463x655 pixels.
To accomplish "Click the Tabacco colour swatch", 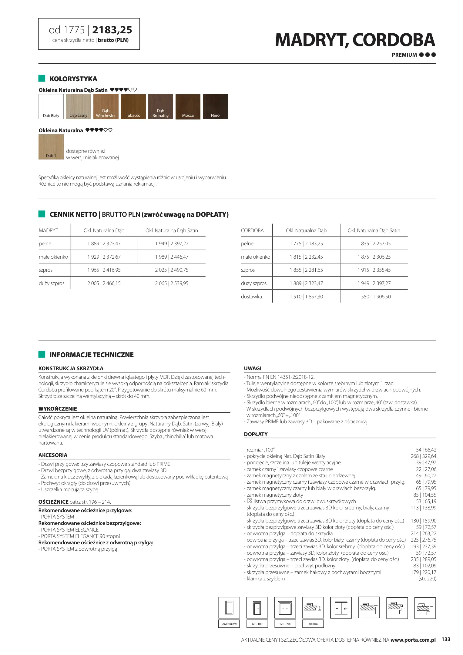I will click(x=133, y=106).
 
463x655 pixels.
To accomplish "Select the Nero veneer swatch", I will click(x=215, y=106).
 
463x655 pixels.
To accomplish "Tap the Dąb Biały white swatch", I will click(x=51, y=106).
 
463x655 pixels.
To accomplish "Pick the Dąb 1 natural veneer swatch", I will click(x=51, y=147).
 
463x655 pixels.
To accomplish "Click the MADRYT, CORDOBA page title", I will click(x=355, y=40).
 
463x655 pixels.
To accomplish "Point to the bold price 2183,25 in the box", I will click(x=112, y=30).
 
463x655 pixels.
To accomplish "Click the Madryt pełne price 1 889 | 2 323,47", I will click(x=104, y=244).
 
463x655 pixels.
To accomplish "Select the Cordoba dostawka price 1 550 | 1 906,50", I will click(x=374, y=297).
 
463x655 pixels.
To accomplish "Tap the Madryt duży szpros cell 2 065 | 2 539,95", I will click(x=172, y=283).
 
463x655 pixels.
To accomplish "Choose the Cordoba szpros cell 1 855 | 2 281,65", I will click(x=306, y=270).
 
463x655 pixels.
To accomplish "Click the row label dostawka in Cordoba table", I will click(x=251, y=297).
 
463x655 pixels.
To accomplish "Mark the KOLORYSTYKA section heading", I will click(x=73, y=79).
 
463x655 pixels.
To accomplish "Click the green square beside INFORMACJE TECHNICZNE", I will click(x=42, y=354).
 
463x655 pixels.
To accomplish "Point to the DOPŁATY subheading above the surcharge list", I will click(x=256, y=434).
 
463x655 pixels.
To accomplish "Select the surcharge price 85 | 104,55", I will click(x=425, y=495).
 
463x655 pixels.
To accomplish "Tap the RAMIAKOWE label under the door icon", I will click(x=229, y=624).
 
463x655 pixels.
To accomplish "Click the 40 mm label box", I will click(x=313, y=624).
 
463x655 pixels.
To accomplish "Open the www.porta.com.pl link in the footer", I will click(x=413, y=640).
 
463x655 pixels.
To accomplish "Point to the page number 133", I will click(x=446, y=639).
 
